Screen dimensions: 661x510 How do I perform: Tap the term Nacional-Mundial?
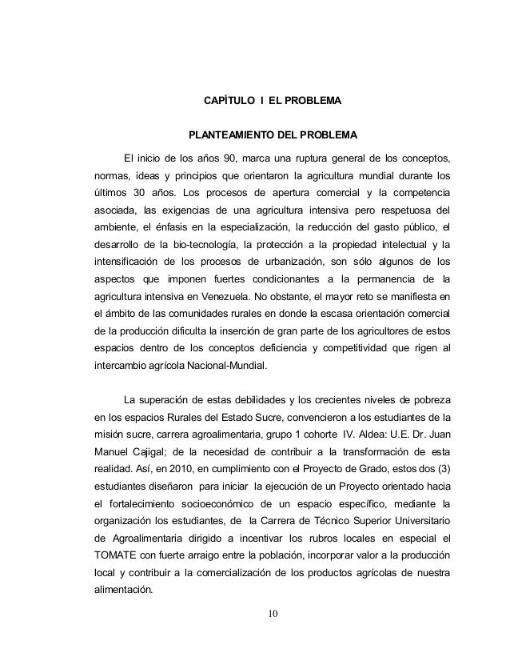227,366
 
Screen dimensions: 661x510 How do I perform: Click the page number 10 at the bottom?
273,615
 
